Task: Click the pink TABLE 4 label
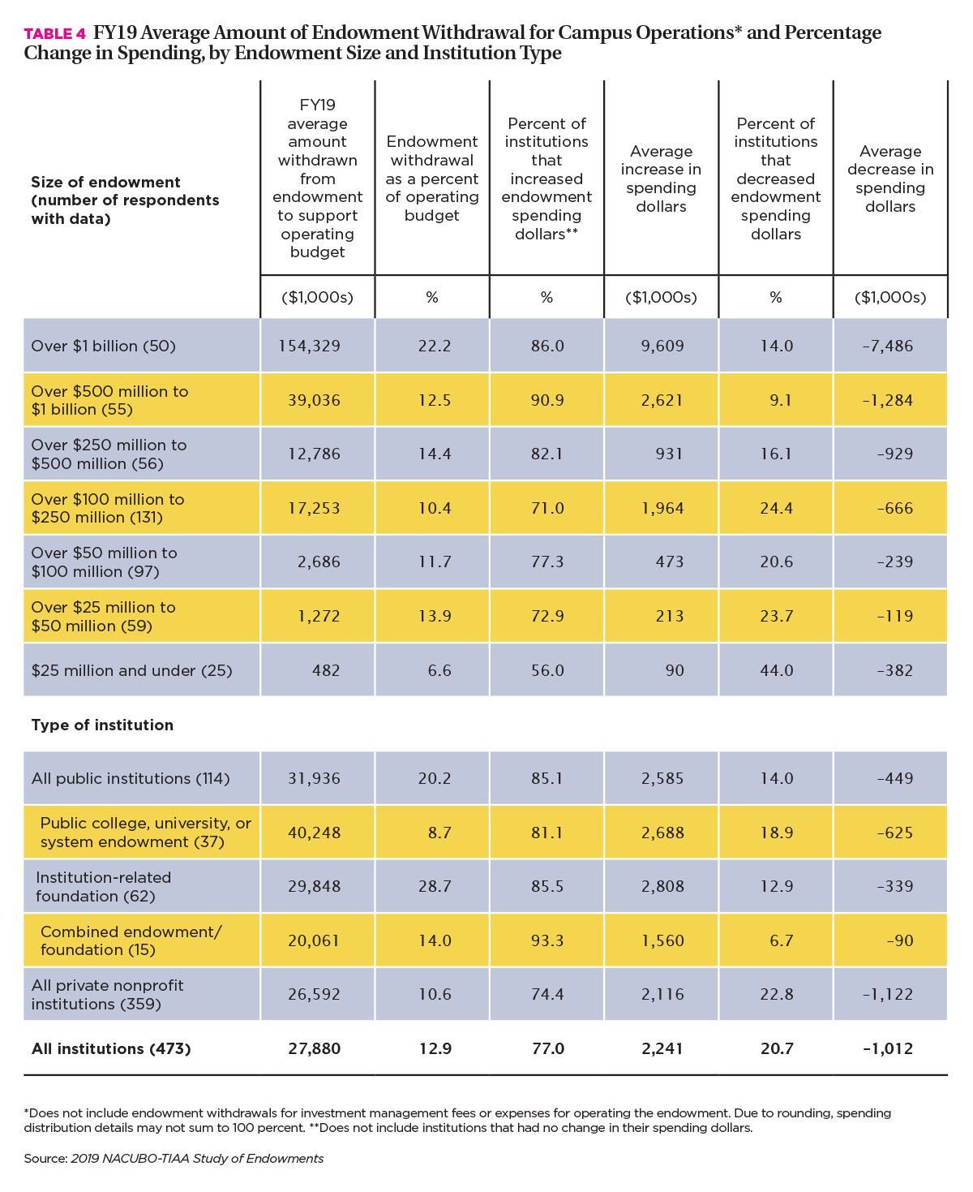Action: tap(55, 34)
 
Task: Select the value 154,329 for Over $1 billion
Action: tap(310, 346)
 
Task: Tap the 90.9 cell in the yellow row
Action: tap(547, 400)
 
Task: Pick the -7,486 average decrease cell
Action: tap(887, 346)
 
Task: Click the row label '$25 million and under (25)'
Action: tap(131, 670)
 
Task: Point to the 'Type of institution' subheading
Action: tap(102, 725)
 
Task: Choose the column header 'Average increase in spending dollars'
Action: tap(661, 179)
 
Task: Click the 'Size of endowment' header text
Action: tap(105, 182)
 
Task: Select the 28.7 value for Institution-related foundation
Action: tap(435, 885)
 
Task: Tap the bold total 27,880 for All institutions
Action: tap(314, 1048)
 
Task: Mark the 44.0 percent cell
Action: tap(777, 670)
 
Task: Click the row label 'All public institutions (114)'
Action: tap(131, 778)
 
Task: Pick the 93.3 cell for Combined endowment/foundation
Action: tap(547, 940)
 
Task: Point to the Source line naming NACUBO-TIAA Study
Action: tap(174, 1158)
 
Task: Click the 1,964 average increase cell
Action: tap(662, 508)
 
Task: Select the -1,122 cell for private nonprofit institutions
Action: tap(887, 994)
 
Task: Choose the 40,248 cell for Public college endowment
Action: tap(314, 833)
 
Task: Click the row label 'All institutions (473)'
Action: tap(111, 1048)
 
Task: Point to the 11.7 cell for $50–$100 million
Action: tap(435, 562)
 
